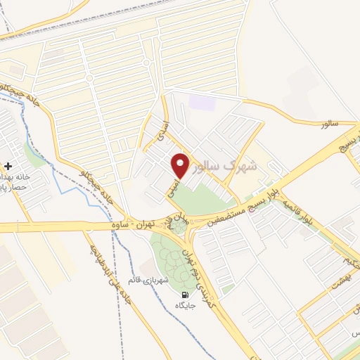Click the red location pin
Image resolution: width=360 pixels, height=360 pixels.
point(181,165)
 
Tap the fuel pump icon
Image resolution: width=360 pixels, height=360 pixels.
point(185,295)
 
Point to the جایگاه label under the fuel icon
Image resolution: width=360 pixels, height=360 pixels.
point(185,306)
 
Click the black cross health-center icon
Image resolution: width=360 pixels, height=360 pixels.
point(8,167)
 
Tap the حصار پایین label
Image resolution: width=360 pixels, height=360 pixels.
point(18,187)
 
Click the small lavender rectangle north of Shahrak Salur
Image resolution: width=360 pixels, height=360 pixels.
point(202,103)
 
